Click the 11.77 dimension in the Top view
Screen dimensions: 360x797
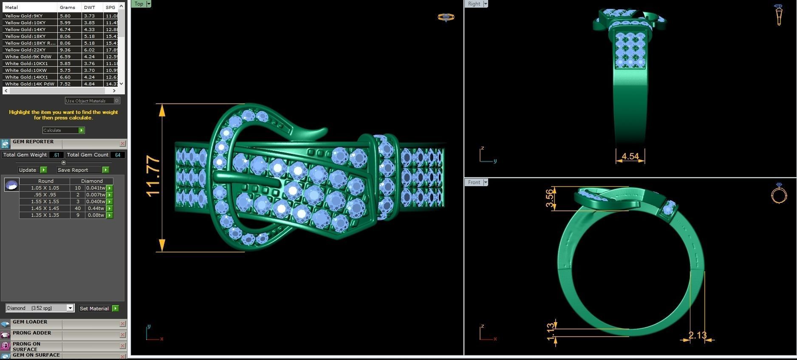pos(153,176)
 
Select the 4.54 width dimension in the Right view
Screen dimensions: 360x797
pos(630,156)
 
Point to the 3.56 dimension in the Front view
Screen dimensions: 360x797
pos(550,198)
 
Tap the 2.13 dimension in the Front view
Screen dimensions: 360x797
pos(697,335)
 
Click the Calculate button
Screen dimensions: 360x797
pos(63,130)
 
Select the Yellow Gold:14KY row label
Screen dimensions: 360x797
pos(25,29)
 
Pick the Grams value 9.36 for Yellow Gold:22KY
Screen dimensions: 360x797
pos(65,50)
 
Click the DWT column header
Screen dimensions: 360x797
pos(90,7)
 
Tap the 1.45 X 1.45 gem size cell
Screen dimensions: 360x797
pos(45,208)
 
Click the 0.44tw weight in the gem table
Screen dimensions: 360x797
pos(96,208)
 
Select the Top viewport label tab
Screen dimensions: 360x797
pos(139,4)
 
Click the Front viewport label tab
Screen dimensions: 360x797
pos(474,182)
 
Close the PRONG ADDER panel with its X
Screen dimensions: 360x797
pos(122,335)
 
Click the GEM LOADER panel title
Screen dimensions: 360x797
pos(30,322)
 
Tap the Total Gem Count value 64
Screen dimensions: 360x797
pos(117,155)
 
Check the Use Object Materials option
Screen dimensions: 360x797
pos(117,101)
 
